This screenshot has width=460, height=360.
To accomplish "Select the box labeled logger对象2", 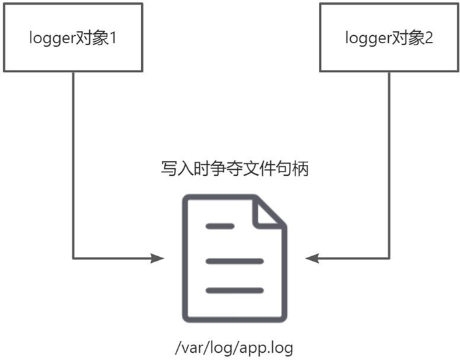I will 389,37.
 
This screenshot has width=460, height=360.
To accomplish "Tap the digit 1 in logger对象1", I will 113,37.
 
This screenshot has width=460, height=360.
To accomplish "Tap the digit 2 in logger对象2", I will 429,37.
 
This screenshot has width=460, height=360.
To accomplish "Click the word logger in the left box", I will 51,38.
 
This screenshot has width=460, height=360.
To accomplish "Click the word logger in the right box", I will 367,38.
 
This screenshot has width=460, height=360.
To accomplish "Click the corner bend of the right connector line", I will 389,258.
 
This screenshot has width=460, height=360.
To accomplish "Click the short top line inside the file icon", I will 220,226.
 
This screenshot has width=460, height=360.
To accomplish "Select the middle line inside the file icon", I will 234,261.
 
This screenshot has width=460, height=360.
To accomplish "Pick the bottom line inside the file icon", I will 234,290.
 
